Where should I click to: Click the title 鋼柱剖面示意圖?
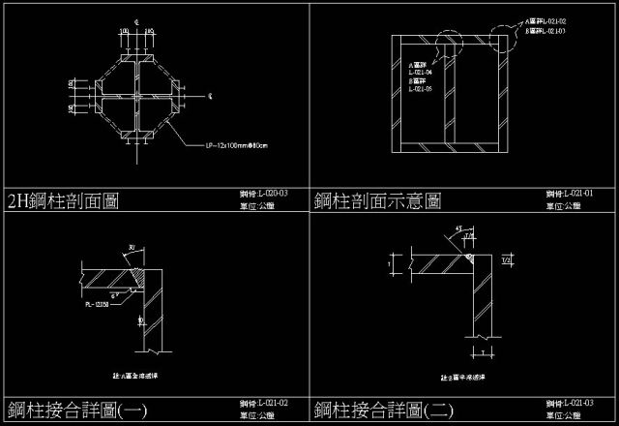pos(377,201)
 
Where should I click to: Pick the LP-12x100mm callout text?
pos(236,146)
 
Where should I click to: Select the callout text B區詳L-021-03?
pos(545,31)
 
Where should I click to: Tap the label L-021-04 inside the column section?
pos(420,73)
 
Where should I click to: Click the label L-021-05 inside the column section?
pos(420,90)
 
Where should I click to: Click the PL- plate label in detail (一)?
pos(96,304)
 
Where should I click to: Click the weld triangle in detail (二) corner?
pos(468,259)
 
